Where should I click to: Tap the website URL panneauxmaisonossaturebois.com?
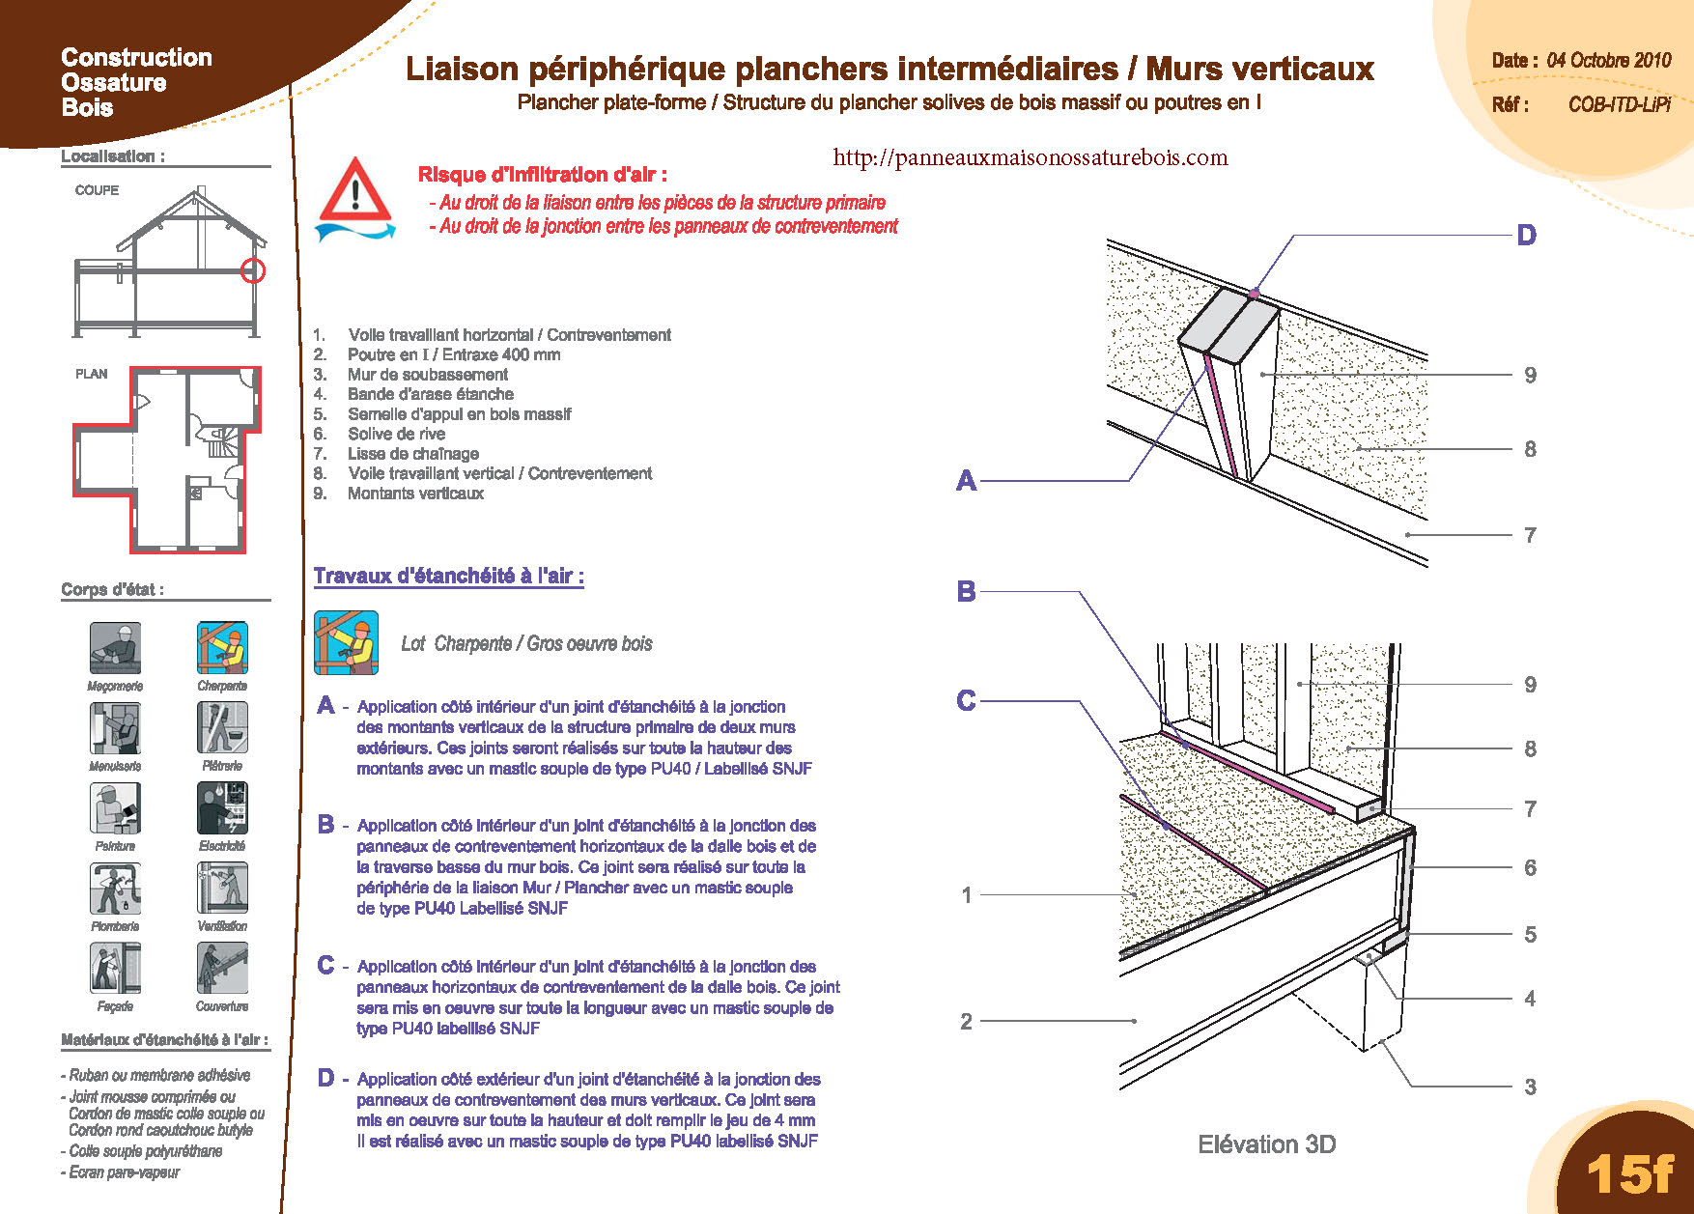[x=1030, y=157]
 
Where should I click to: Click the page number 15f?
[x=1629, y=1173]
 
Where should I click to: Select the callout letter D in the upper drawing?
[x=1526, y=235]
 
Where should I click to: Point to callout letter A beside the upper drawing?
[x=966, y=480]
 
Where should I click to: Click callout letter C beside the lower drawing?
[x=966, y=700]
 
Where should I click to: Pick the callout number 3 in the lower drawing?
[x=1530, y=1087]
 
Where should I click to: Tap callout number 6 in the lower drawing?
[x=1530, y=867]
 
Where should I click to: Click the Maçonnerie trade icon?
[x=115, y=647]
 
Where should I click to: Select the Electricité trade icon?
[x=222, y=807]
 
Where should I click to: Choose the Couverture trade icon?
[x=222, y=968]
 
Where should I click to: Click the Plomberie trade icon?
[x=115, y=888]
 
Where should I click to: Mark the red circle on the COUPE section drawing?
[x=253, y=270]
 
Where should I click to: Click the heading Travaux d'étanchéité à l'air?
[x=448, y=577]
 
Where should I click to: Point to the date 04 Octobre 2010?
[x=1608, y=60]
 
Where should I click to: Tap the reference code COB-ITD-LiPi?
[x=1619, y=104]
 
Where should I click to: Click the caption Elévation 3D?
[x=1266, y=1144]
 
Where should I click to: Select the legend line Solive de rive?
[x=396, y=434]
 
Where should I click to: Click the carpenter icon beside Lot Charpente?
[x=346, y=642]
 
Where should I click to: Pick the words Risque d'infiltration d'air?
[x=542, y=175]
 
